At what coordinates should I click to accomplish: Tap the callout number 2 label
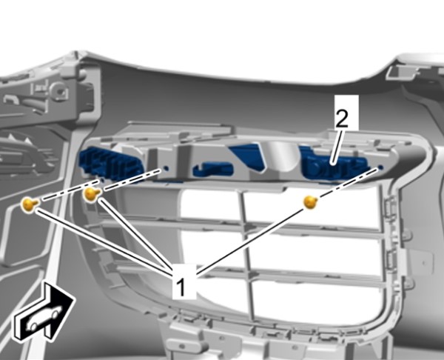point(341,119)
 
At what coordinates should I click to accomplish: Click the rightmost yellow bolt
point(311,202)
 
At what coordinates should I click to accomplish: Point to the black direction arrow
point(43,312)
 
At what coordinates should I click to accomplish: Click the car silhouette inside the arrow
point(44,317)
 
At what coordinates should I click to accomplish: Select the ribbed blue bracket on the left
point(111,165)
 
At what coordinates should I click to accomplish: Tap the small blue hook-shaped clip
point(212,170)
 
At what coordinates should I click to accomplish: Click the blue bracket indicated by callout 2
point(334,165)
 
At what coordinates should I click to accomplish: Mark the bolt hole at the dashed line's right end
point(380,168)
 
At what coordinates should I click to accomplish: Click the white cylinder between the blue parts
point(281,156)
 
